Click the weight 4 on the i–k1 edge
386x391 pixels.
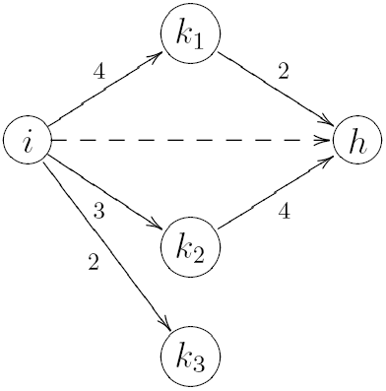coord(96,71)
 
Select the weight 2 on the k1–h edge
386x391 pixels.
coord(285,71)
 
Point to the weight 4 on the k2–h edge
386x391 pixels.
coord(285,211)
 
